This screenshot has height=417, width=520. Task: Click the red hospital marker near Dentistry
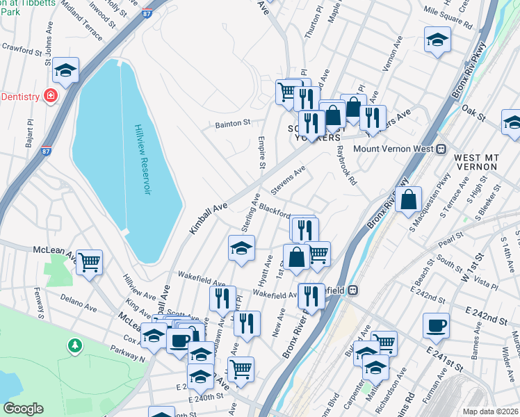pos(50,96)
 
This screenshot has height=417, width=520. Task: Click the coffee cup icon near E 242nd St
pos(436,325)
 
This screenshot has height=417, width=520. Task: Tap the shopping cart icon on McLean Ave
pos(89,263)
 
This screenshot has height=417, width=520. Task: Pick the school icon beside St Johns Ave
pos(65,69)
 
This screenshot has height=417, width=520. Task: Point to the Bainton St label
pos(232,123)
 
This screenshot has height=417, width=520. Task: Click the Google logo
pos(23,409)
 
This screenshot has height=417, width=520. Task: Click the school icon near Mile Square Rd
pos(437,40)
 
